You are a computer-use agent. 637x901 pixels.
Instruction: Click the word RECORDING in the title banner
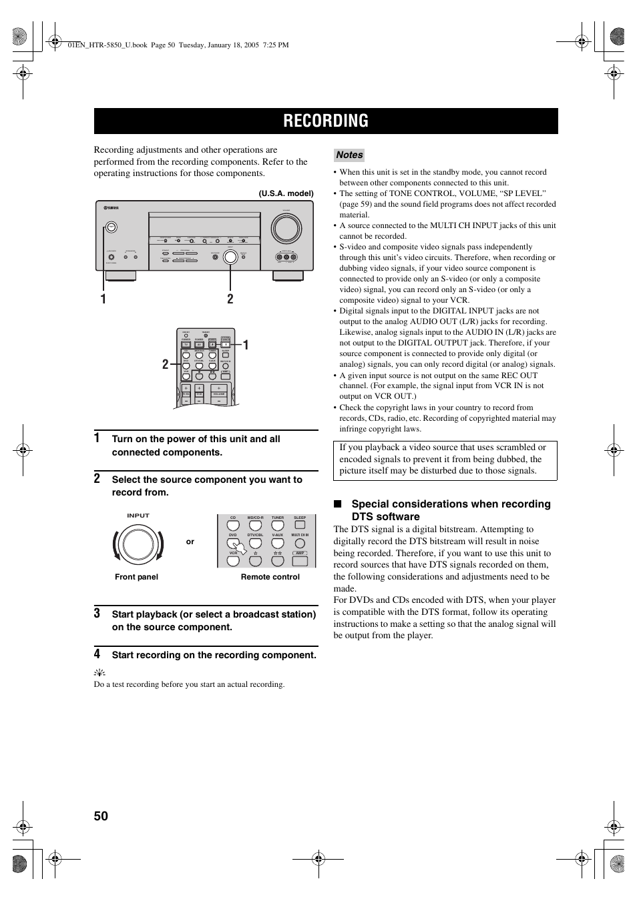tap(325, 121)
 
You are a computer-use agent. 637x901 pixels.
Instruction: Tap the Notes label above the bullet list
tap(349, 155)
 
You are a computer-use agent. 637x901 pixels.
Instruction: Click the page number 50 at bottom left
tap(101, 816)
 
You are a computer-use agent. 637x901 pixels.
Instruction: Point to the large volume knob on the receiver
tap(285, 229)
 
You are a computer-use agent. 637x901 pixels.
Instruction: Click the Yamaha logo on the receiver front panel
tap(111, 208)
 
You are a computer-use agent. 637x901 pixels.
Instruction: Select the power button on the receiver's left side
tap(111, 227)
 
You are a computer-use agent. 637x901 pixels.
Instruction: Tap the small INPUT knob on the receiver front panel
tap(230, 256)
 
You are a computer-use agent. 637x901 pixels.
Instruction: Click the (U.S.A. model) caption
tap(286, 193)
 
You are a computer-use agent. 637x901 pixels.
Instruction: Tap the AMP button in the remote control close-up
tap(300, 554)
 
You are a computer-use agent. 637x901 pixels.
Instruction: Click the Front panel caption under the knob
tap(136, 577)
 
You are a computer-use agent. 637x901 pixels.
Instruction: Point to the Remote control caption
tap(270, 577)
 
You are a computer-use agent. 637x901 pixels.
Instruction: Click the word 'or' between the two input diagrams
tap(190, 542)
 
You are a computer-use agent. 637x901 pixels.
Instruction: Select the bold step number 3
tap(97, 613)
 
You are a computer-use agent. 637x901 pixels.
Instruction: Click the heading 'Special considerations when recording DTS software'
tap(451, 510)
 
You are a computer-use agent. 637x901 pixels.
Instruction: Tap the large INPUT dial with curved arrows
tap(138, 545)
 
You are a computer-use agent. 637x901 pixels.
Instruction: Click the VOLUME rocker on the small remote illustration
tap(219, 394)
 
